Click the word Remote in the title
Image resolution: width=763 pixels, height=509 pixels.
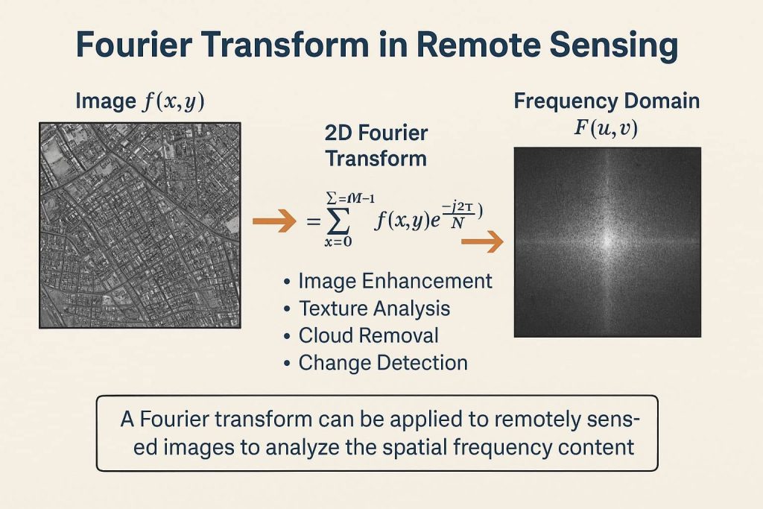coord(474,45)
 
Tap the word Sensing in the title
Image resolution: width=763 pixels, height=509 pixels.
coord(612,45)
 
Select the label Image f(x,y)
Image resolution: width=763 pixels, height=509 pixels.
coord(140,101)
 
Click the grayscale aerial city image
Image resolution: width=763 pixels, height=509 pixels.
coord(139,225)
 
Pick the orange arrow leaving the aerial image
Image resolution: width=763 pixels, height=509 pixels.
coord(270,222)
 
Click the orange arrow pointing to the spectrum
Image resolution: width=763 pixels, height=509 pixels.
coord(482,241)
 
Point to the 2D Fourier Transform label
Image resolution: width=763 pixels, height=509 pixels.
coord(376,146)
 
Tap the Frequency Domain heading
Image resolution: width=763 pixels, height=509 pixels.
coord(607,101)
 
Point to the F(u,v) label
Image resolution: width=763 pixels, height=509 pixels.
coord(605,128)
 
